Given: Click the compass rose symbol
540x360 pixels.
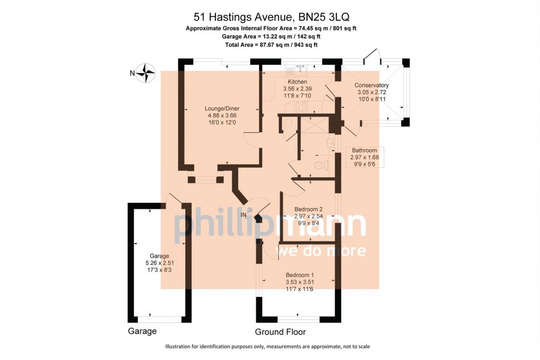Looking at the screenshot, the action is [146, 73].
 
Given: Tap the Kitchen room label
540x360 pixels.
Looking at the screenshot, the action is [297, 82].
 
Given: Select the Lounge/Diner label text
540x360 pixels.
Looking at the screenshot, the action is [222, 109].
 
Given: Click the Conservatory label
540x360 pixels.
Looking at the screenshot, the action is [372, 85].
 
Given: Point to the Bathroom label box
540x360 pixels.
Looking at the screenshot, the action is [364, 157].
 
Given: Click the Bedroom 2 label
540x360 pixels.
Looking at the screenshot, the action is [308, 209].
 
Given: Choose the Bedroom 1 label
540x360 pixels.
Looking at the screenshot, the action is [300, 275].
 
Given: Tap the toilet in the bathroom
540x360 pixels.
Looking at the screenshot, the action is [321, 166].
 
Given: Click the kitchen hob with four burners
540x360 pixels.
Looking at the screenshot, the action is [301, 107].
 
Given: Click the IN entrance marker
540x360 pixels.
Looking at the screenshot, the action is [244, 215].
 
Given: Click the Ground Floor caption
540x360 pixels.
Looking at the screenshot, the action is [281, 332].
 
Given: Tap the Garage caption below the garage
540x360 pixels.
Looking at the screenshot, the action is [142, 331].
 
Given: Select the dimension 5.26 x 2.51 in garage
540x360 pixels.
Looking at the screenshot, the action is [159, 263].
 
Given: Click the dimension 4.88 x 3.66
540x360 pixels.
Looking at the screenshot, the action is [222, 115].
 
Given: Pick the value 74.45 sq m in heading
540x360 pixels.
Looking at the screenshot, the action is [308, 28].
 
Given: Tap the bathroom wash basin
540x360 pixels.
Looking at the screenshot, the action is [330, 143].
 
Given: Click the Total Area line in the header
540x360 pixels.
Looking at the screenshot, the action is [271, 45].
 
